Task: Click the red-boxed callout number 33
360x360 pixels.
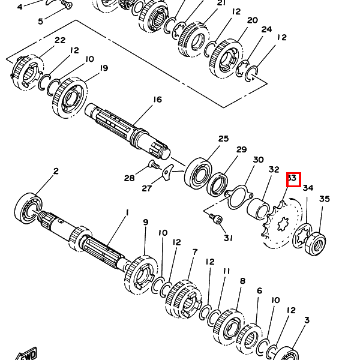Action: pyautogui.click(x=293, y=179)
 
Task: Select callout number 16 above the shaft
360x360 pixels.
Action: pyautogui.click(x=157, y=100)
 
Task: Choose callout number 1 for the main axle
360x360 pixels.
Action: pyautogui.click(x=127, y=212)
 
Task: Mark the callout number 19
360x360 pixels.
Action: pyautogui.click(x=104, y=68)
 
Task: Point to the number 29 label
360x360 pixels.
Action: pyautogui.click(x=241, y=149)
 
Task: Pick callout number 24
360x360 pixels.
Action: pyautogui.click(x=266, y=29)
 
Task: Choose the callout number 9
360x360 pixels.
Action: pyautogui.click(x=145, y=223)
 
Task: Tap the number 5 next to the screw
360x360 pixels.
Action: pyautogui.click(x=41, y=22)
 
